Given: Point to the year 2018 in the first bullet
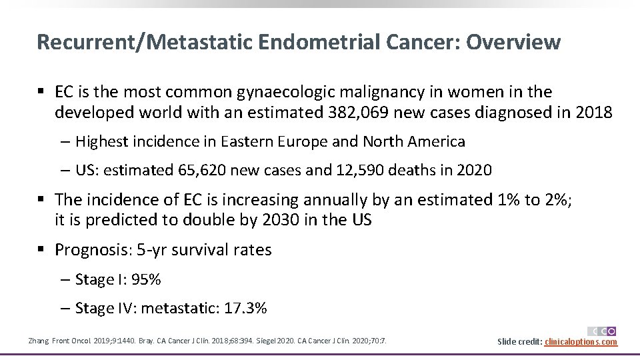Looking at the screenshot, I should pyautogui.click(x=593, y=112).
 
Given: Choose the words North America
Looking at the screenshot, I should pyautogui.click(x=413, y=141).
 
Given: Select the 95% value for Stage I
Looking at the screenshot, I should pyautogui.click(x=147, y=279).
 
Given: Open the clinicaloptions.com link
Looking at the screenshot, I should pyautogui.click(x=581, y=342).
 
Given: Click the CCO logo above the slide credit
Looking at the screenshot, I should pyautogui.click(x=601, y=331).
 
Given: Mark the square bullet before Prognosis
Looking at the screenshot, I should pyautogui.click(x=41, y=250).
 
